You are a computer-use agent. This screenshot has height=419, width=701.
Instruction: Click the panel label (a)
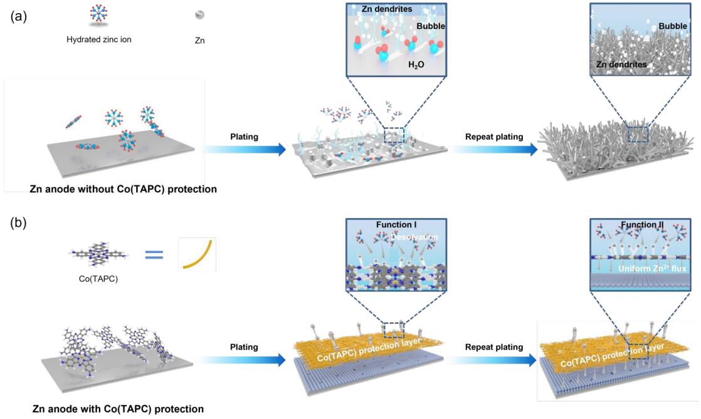[x=18, y=16]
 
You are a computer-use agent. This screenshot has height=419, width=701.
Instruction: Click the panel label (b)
[x=18, y=222]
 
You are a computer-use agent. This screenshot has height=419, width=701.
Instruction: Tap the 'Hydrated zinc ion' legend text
[x=99, y=39]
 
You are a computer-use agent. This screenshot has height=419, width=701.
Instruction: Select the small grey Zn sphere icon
[x=199, y=15]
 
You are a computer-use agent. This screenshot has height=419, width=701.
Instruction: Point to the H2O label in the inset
[x=416, y=65]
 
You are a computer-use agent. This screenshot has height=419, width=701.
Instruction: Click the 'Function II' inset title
[x=642, y=225]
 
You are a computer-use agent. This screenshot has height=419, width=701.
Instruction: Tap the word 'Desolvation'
[x=414, y=237]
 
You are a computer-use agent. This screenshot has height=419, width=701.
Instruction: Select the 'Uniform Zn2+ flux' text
[x=652, y=269]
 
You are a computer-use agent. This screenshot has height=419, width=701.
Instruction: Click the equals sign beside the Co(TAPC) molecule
[x=154, y=255]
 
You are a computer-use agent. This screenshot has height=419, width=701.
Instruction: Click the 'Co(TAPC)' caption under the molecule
[x=98, y=279]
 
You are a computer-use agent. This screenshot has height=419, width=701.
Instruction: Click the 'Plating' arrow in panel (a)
[x=244, y=149]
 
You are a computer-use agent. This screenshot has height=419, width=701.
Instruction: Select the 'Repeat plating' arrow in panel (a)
[x=494, y=149]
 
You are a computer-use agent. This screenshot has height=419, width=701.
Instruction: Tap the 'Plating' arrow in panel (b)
[x=244, y=360]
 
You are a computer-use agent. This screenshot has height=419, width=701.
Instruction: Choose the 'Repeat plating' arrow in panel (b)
[x=494, y=360]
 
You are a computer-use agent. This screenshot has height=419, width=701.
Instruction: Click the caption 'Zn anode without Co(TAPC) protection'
[x=124, y=189]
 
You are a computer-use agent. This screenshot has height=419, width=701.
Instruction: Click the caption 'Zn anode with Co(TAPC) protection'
[x=118, y=409]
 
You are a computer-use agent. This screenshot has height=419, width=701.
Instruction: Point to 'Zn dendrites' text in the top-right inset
[x=621, y=65]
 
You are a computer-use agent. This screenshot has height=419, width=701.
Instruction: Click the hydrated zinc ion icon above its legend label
[x=99, y=14]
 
